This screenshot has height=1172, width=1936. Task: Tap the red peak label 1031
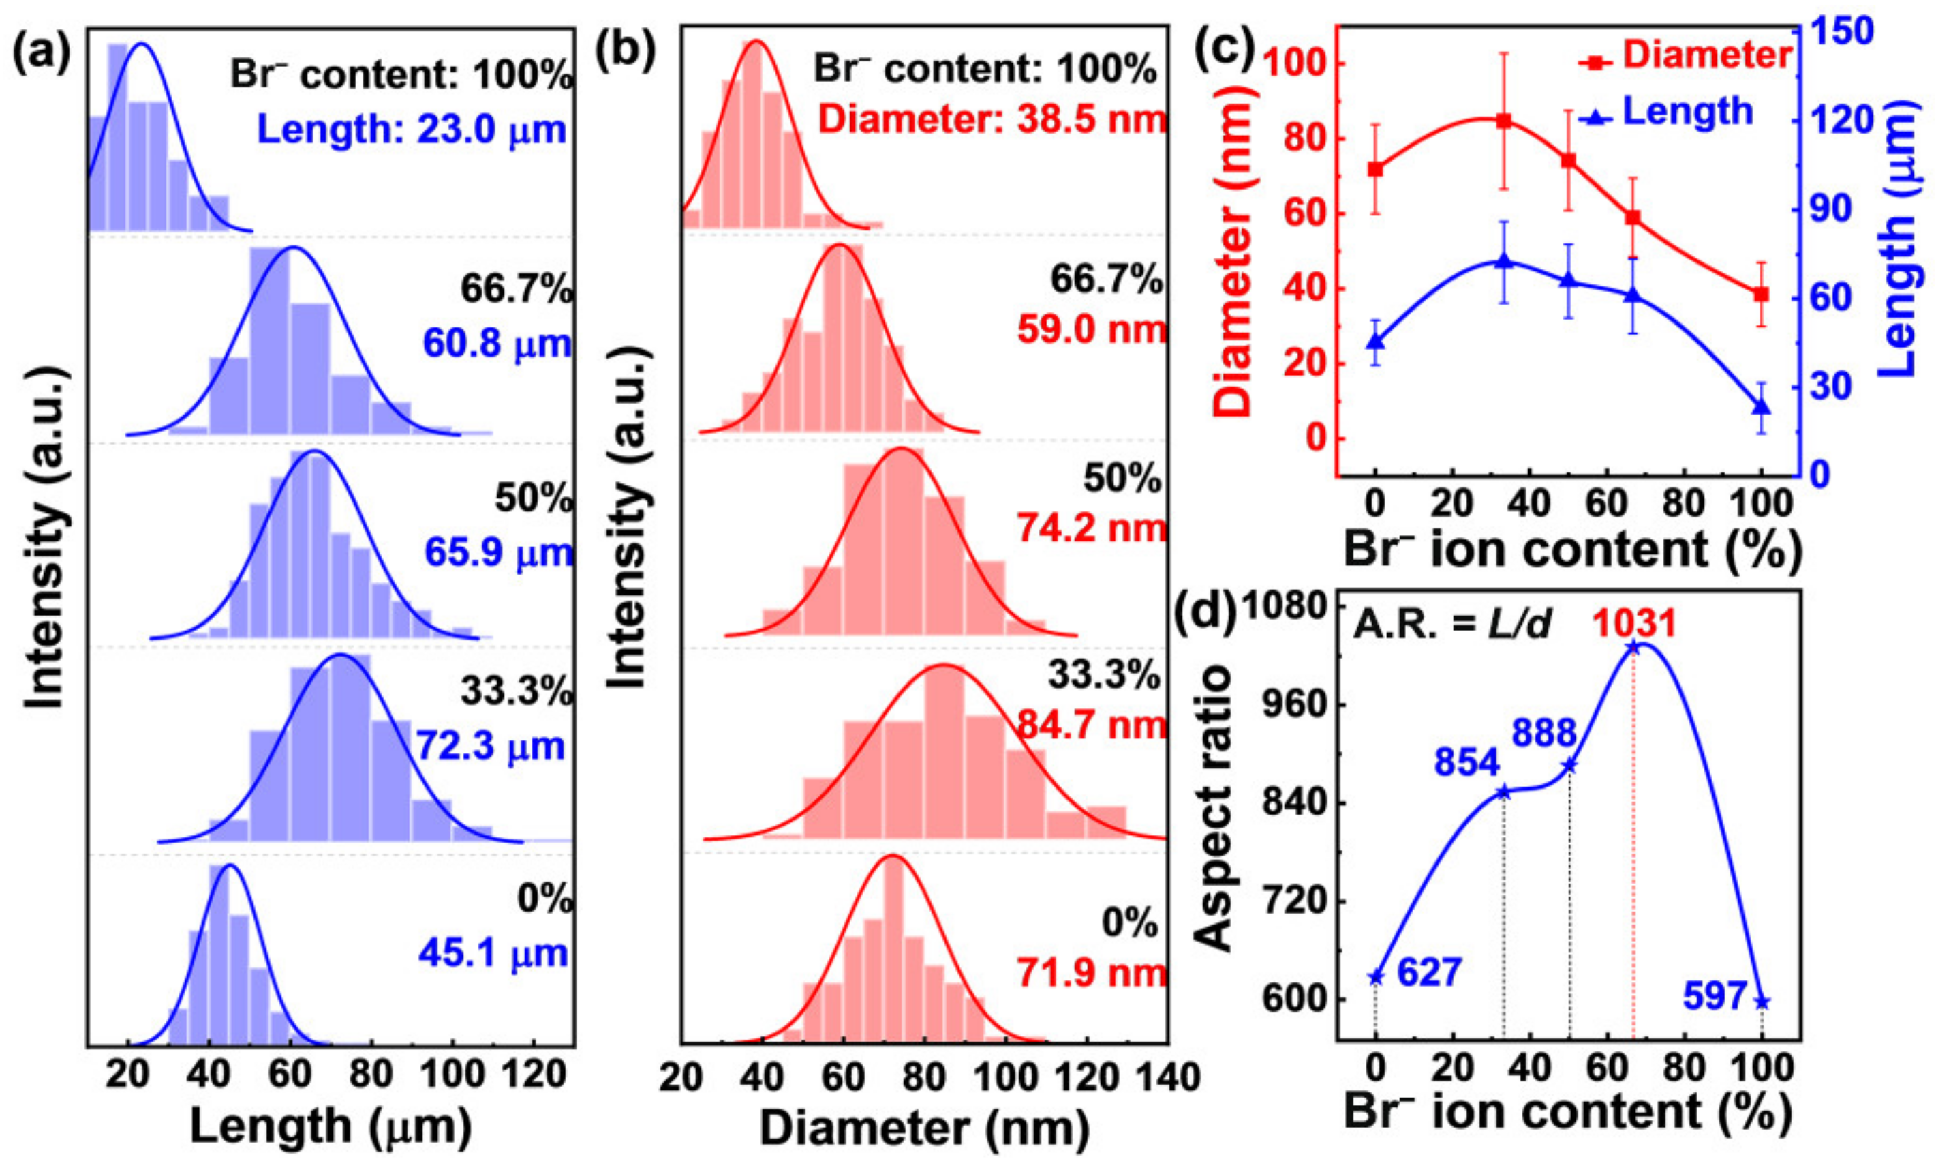[x=1634, y=624]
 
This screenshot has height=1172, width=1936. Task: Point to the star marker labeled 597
[x=1762, y=1002]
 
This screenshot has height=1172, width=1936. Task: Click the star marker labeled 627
[x=1375, y=977]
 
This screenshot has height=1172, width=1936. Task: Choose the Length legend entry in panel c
[x=1665, y=112]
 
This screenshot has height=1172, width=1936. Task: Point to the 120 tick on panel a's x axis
[x=534, y=1074]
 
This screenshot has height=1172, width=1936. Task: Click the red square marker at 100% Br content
[x=1762, y=294]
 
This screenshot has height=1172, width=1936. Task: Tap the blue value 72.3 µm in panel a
[x=490, y=745]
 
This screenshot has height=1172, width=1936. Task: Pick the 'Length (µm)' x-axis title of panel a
[x=331, y=1127]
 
